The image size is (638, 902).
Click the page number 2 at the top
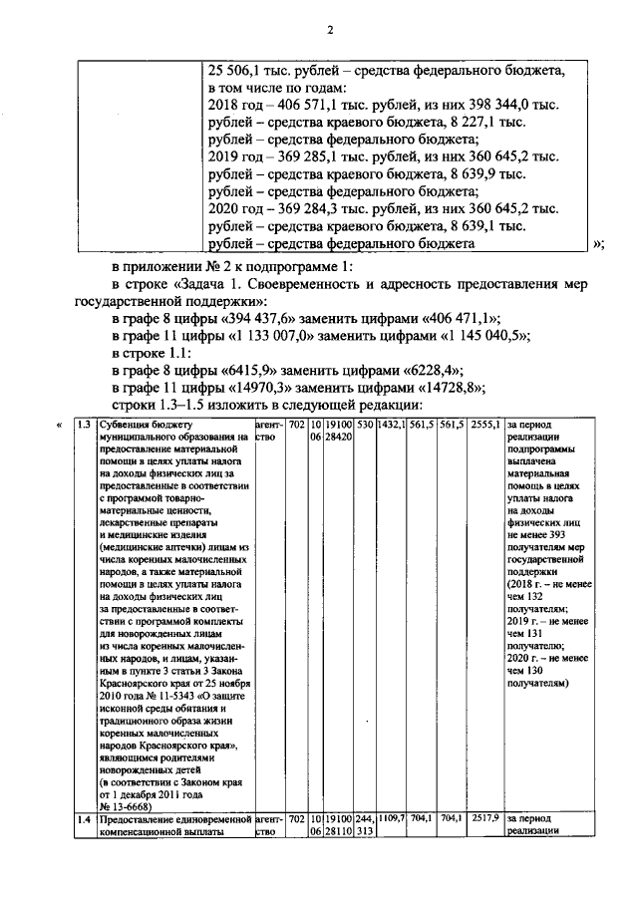pos(328,29)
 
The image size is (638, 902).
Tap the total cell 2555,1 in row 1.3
pos(485,426)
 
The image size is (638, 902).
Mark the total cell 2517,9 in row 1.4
pos(485,818)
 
